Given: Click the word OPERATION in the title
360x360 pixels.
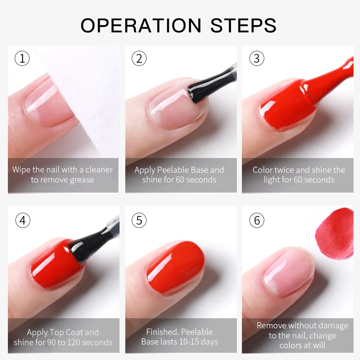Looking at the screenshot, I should (x=141, y=25).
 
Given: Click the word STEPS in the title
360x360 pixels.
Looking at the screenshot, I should (x=243, y=25).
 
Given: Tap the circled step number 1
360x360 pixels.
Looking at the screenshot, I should (x=22, y=58).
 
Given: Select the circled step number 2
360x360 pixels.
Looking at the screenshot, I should (x=139, y=58).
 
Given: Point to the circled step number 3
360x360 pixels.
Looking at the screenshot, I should (x=256, y=58).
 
